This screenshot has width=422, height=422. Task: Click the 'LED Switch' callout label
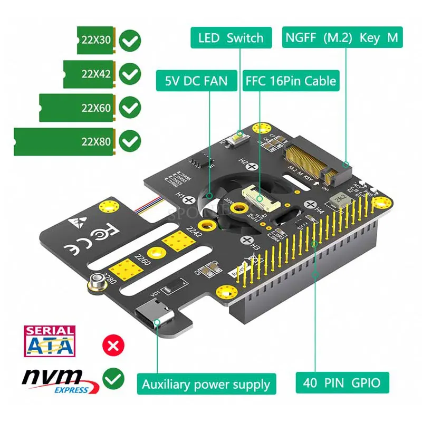pos(231,38)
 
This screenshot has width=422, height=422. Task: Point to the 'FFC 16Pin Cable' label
pos(291,81)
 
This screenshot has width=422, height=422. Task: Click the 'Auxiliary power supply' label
pos(206,384)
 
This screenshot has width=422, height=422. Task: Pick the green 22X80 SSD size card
pos(64,141)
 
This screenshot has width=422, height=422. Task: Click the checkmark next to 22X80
pos(130,141)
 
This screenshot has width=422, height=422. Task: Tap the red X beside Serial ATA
pos(112,346)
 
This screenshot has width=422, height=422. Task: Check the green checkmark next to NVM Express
pos(113,378)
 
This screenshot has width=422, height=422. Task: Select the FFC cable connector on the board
pos(256,198)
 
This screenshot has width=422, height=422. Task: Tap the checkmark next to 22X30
pos(130,40)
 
